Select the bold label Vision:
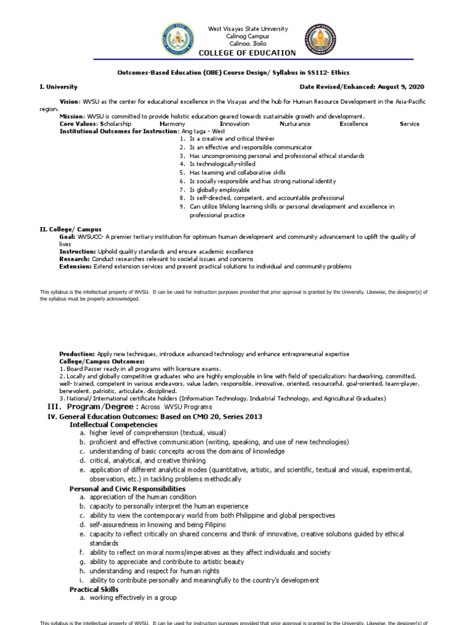[69, 100]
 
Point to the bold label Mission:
[71, 116]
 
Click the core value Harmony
[172, 124]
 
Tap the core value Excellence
[353, 124]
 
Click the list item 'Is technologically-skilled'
[222, 164]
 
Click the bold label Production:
[77, 354]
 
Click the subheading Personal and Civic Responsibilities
[127, 489]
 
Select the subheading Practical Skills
[94, 589]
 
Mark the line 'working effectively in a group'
[133, 598]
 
